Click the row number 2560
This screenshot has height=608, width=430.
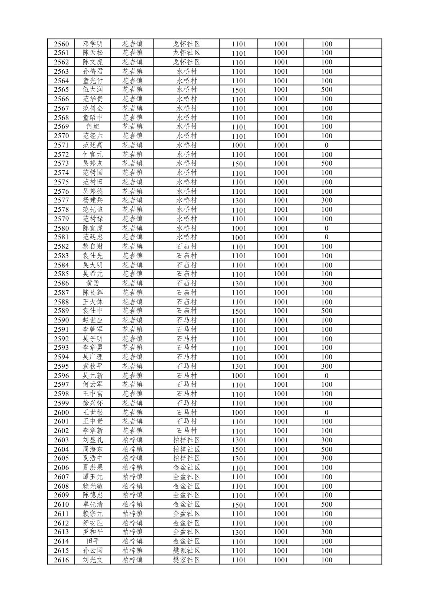point(61,44)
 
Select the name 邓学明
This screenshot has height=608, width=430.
point(93,44)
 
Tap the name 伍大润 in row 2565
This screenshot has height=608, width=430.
point(93,90)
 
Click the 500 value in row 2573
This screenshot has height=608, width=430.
point(326,163)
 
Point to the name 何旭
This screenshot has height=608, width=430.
point(93,126)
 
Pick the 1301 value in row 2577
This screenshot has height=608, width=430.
point(239,201)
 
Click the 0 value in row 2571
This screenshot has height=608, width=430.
point(326,145)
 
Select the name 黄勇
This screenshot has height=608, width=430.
point(93,283)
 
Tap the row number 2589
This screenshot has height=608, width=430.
point(61,311)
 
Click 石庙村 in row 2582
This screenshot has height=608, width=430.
point(186,247)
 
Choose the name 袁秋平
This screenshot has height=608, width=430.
point(93,366)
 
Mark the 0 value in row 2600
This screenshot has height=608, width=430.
point(326,413)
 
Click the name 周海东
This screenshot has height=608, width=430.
point(93,449)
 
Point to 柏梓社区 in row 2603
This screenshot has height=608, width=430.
point(186,440)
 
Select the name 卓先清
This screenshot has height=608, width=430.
point(93,505)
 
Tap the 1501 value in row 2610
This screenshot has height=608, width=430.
point(239,505)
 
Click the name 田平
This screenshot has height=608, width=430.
point(93,542)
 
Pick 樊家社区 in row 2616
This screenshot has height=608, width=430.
point(186,560)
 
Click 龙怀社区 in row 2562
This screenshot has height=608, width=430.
point(186,62)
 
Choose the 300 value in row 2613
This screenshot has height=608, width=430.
point(326,532)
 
